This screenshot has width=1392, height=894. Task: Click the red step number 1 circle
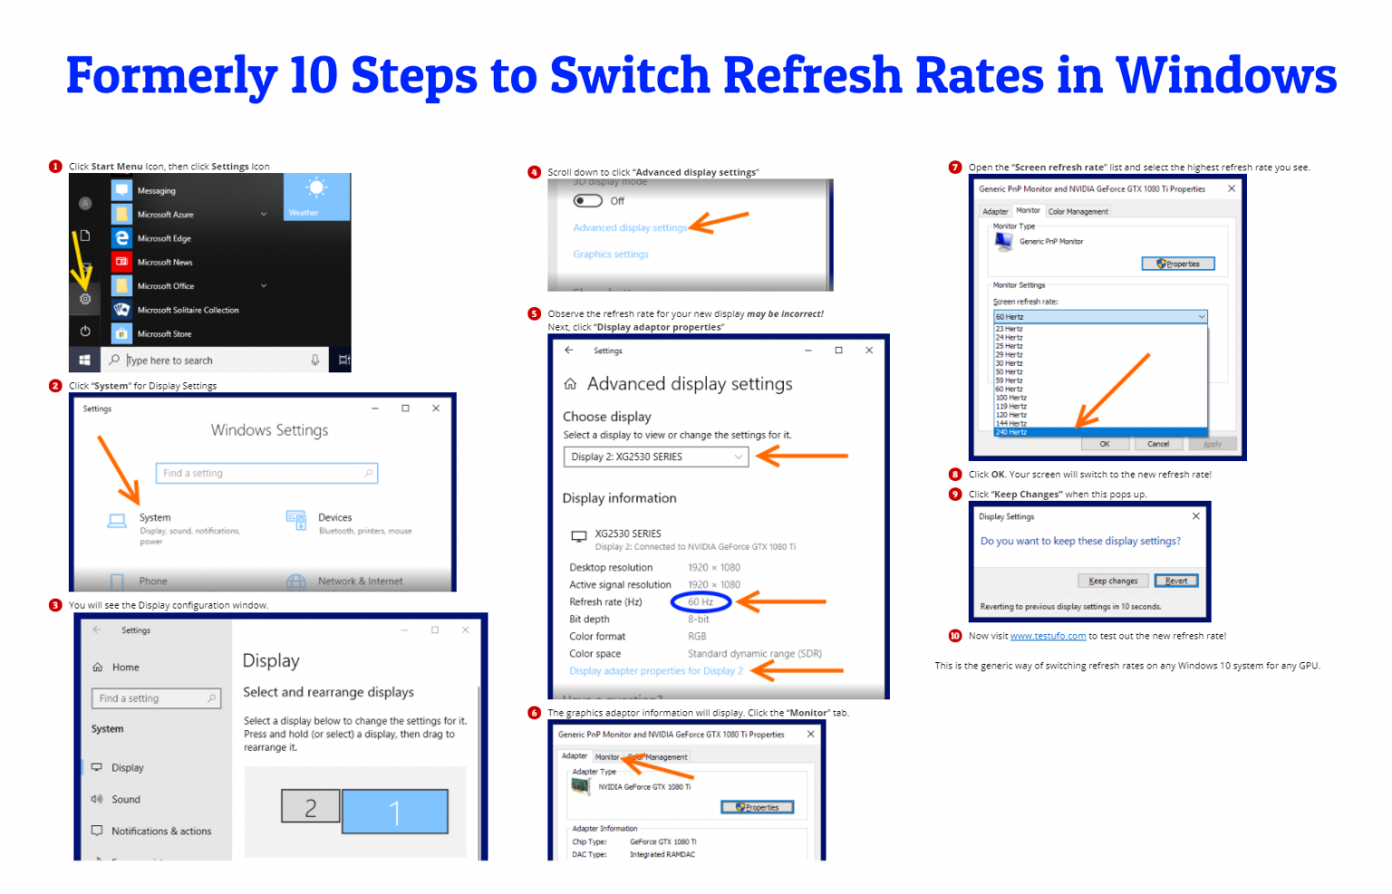(x=55, y=167)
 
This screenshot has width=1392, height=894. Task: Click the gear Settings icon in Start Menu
(x=85, y=299)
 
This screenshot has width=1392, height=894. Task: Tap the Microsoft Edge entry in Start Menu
(x=164, y=238)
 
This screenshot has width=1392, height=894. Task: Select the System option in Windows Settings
(x=154, y=518)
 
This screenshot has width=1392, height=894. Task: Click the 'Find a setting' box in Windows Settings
(x=266, y=474)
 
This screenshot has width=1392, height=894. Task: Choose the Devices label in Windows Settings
(x=334, y=518)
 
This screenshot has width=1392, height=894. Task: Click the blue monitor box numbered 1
(x=394, y=812)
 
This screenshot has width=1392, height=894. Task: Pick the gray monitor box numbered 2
(x=310, y=807)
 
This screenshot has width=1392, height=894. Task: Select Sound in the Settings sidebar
(x=126, y=800)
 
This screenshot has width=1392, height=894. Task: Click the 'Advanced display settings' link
(x=630, y=228)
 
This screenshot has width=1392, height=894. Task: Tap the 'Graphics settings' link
(x=611, y=255)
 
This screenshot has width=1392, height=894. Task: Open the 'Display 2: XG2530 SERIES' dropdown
(x=656, y=457)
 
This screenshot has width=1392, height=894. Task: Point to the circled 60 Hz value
(x=701, y=602)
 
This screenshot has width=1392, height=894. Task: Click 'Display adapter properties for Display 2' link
(x=655, y=671)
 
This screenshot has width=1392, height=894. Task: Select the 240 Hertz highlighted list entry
(x=1100, y=433)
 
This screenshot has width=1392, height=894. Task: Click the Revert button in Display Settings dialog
(x=1176, y=582)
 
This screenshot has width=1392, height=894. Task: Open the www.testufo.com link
(x=1048, y=637)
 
